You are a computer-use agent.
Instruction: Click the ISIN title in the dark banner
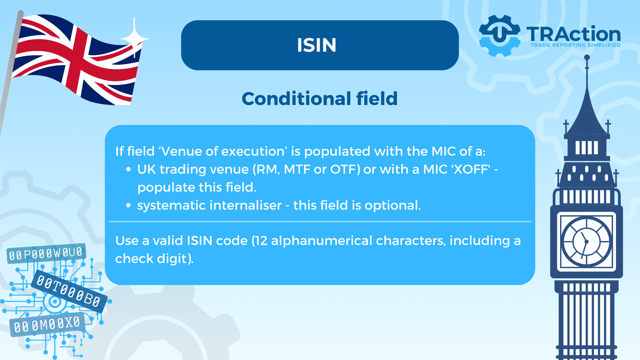tap(317, 45)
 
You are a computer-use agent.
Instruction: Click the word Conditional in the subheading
tap(296, 99)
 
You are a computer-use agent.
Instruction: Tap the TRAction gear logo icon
tap(499, 35)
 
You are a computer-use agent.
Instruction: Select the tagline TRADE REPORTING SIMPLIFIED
tap(576, 45)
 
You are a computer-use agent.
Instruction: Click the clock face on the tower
tap(586, 242)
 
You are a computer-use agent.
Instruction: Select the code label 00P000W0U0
tap(46, 254)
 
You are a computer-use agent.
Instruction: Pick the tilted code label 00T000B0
tap(69, 291)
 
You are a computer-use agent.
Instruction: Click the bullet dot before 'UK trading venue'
tap(129, 170)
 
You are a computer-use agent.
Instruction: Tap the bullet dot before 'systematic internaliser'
tap(129, 206)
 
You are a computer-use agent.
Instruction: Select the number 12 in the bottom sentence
tap(260, 241)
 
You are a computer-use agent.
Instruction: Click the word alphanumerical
tap(322, 241)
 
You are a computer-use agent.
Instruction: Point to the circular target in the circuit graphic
tap(55, 302)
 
